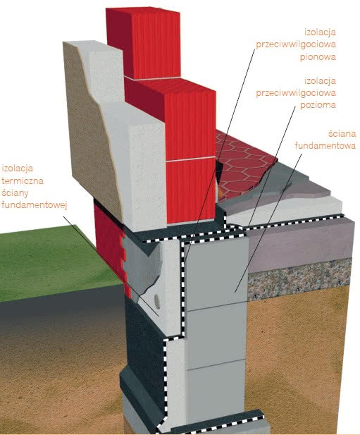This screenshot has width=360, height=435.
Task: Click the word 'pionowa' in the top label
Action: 318,57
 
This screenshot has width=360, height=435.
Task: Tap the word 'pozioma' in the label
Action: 318,105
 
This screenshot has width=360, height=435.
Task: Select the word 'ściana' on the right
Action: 342,133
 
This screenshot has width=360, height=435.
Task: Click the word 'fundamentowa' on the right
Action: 325,145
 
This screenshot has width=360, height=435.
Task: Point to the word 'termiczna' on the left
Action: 23,180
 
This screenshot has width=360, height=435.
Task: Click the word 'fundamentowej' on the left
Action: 35,204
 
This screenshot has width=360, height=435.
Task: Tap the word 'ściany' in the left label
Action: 15,192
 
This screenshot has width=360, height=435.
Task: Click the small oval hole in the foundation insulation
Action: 157,302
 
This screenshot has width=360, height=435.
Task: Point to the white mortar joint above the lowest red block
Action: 190,160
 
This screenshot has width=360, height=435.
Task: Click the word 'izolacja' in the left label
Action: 17,169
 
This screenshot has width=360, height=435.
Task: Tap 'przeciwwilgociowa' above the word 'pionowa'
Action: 296,44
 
